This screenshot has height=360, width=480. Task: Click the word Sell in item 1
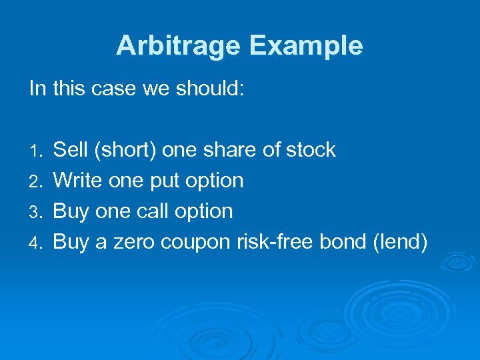click(x=71, y=150)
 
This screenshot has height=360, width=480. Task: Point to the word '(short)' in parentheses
click(x=126, y=150)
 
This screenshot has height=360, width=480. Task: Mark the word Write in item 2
click(x=76, y=181)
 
